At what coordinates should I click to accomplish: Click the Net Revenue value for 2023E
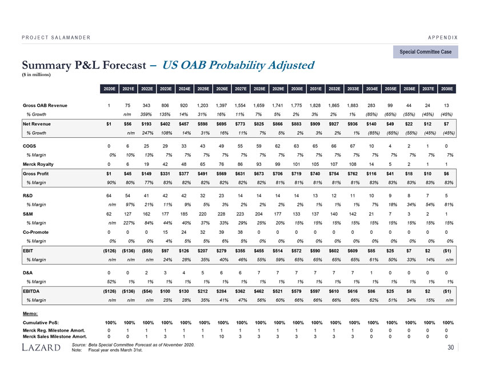[x=165, y=123]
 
